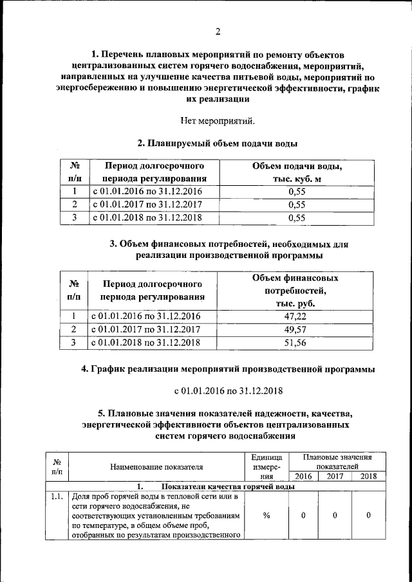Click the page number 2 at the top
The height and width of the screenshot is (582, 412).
click(218, 32)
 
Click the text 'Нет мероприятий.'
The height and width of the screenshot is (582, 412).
click(218, 120)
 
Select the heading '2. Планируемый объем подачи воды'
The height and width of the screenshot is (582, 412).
click(218, 143)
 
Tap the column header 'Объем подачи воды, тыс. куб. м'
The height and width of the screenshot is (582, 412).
click(297, 172)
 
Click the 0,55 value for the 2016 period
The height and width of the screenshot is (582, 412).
click(297, 192)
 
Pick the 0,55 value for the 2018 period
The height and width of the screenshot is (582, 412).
click(297, 217)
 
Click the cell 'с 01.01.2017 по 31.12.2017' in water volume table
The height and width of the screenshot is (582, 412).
click(148, 205)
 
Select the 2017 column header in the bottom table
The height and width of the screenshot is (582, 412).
click(334, 477)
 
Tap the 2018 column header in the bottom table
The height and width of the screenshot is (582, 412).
click(369, 477)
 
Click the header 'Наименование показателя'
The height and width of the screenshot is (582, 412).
click(156, 467)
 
